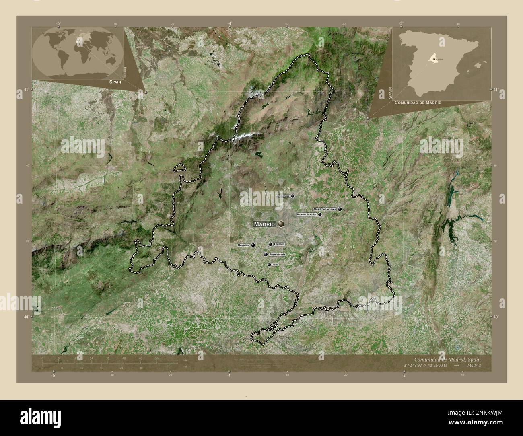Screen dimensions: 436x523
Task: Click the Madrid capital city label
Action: coord(264,224)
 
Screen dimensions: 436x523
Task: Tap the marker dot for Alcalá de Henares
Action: coord(340,209)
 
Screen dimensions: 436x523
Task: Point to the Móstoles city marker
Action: coord(253,245)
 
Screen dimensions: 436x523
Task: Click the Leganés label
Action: coord(279,244)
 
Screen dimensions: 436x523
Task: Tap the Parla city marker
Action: coord(269,265)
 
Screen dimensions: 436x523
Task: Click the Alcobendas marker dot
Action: coord(293,196)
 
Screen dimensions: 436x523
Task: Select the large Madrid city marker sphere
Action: coord(281,224)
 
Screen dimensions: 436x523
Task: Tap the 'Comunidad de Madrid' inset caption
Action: coord(418,103)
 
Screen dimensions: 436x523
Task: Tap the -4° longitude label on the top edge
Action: coord(229,24)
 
